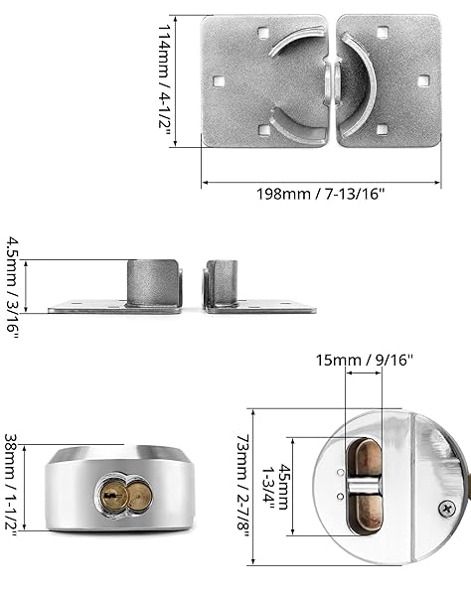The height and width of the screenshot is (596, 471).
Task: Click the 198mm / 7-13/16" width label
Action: tap(321, 194)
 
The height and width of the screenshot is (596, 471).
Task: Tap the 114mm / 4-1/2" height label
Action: tap(164, 81)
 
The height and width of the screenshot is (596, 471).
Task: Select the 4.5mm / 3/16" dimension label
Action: tap(12, 287)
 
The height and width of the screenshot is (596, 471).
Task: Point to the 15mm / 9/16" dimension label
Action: tap(364, 360)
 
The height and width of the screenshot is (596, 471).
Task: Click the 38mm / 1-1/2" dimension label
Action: tap(11, 488)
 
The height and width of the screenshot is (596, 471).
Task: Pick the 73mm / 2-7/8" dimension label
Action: tap(243, 488)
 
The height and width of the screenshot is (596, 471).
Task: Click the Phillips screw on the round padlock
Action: tap(447, 509)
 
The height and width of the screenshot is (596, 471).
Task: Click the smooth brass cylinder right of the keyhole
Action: tap(140, 496)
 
